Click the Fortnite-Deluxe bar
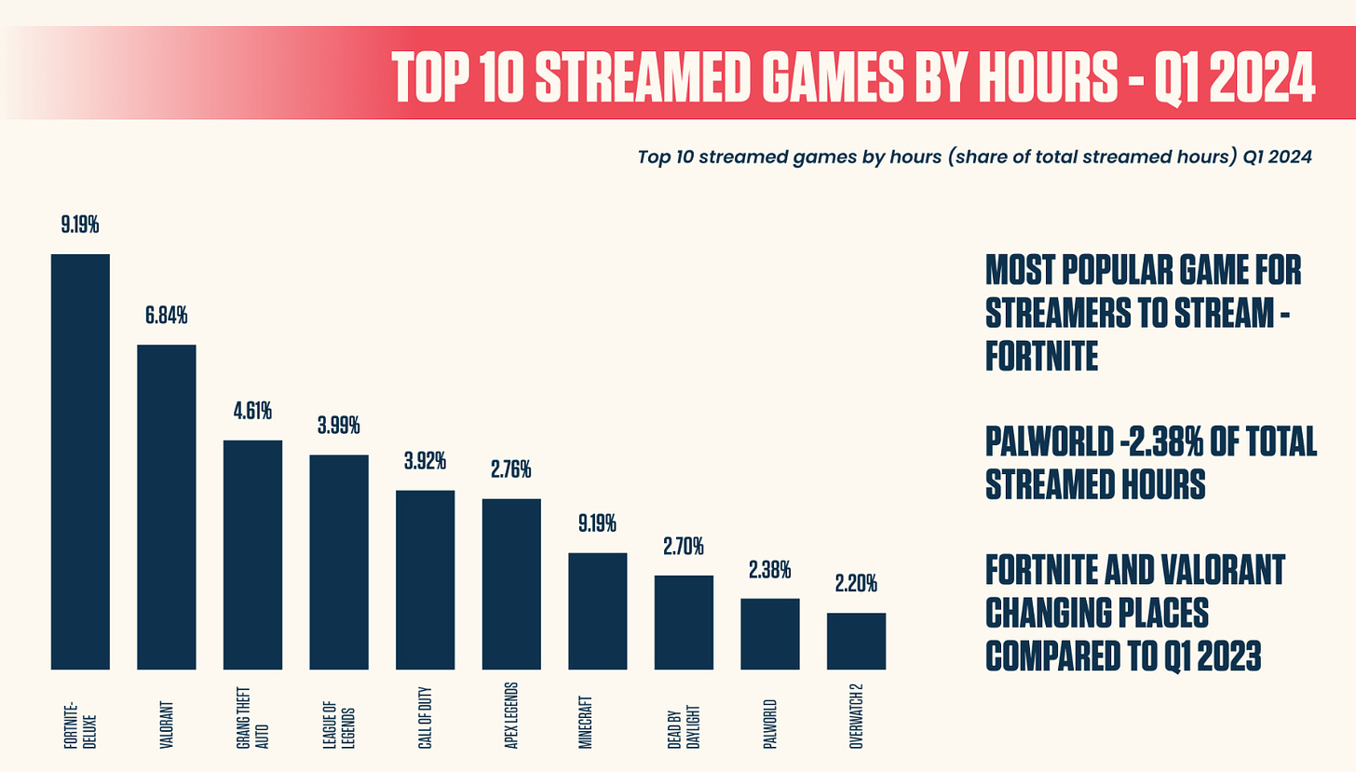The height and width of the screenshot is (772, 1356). coord(80,462)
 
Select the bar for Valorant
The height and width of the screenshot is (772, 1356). coord(166,508)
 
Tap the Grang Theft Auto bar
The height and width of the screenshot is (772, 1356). coord(252,555)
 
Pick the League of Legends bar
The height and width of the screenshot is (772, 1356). coord(338,562)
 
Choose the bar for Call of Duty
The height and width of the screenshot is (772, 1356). coord(425,580)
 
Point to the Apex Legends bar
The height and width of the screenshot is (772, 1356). coord(511,584)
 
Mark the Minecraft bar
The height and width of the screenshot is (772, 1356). coord(597,611)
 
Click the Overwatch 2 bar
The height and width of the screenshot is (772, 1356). coord(856,641)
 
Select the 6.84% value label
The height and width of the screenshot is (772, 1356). coord(166,317)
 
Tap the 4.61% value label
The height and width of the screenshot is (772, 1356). coord(252,412)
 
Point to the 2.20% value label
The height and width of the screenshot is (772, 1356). coord(856,585)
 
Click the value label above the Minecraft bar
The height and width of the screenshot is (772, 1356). coord(597,524)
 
